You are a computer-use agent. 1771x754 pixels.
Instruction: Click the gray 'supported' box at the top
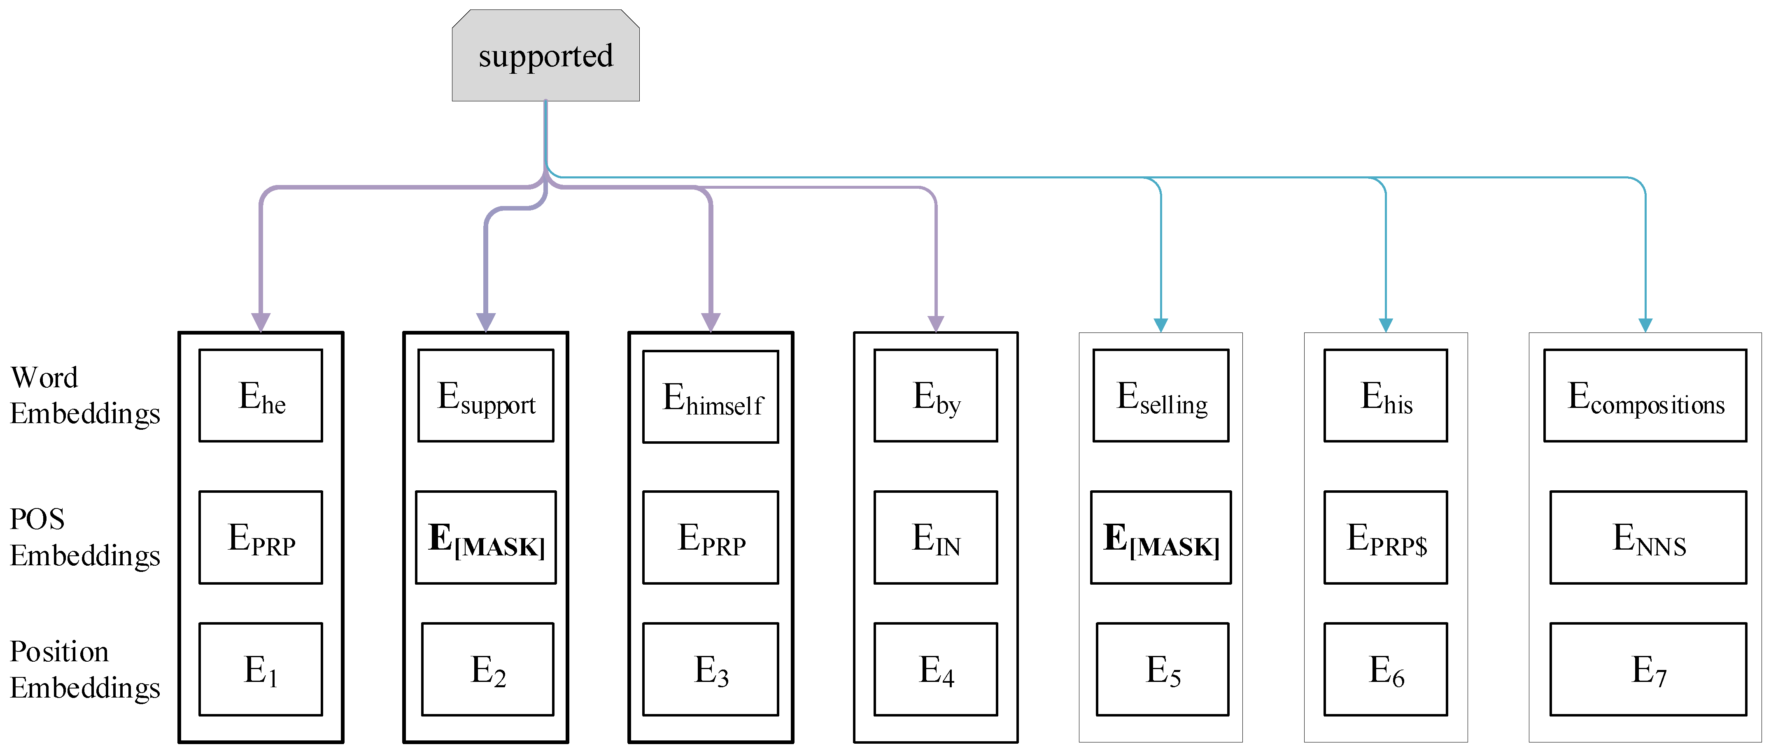click(545, 56)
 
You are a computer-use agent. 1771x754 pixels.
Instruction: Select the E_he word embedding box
click(261, 396)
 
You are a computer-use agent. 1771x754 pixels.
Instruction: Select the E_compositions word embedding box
click(1645, 396)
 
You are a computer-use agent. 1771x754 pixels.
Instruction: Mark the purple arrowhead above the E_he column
click(261, 322)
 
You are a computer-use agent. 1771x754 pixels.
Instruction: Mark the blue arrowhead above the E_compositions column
click(1645, 325)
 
